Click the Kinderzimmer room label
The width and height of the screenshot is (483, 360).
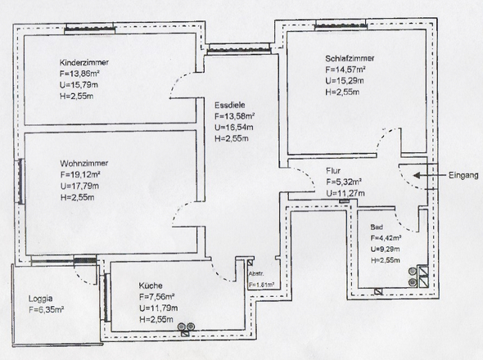[84, 63]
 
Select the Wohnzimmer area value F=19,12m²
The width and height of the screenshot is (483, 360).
[80, 174]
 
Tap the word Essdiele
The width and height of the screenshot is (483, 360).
[228, 105]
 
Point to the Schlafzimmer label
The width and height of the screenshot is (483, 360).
[350, 59]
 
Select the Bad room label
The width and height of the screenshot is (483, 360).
[376, 227]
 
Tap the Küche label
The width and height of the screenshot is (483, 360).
[152, 286]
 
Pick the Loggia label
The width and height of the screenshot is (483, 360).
[42, 299]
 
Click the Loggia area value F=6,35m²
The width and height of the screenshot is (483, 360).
[46, 310]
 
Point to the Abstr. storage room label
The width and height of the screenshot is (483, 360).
[255, 274]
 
